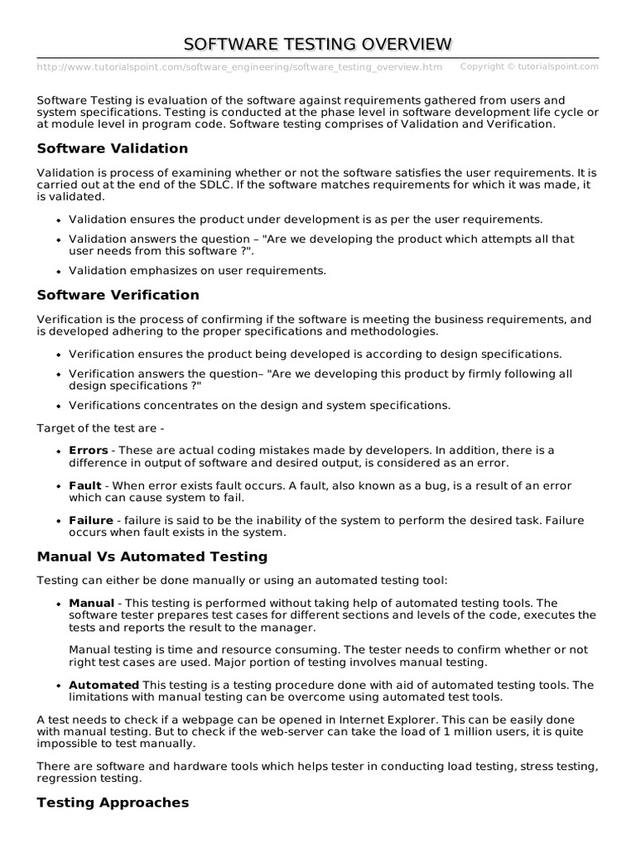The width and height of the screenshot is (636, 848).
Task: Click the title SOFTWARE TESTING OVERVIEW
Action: click(318, 44)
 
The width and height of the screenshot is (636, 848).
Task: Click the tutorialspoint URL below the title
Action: click(239, 67)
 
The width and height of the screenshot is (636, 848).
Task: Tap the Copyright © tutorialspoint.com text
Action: click(529, 66)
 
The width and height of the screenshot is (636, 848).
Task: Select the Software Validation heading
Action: click(113, 148)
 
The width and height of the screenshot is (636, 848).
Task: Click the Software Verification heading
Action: click(118, 295)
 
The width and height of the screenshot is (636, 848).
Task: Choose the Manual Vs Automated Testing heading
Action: click(152, 556)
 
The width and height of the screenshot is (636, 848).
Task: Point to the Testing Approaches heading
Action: click(113, 802)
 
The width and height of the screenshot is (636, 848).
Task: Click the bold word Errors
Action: click(88, 450)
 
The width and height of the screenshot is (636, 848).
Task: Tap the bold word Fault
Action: click(84, 485)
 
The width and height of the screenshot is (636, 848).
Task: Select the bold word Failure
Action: click(90, 520)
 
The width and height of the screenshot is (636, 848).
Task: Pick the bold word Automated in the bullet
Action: click(104, 685)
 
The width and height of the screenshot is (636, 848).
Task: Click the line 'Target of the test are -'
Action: click(101, 428)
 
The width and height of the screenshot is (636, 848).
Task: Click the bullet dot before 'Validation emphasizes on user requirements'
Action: click(58, 271)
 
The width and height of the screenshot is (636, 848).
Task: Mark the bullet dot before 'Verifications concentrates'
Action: click(58, 406)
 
